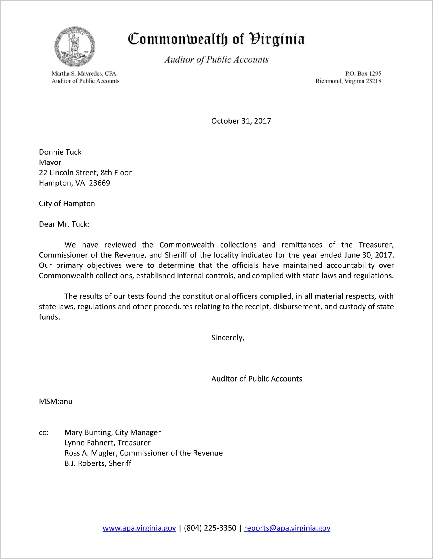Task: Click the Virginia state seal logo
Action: tap(75, 47)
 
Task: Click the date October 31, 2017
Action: tap(241, 121)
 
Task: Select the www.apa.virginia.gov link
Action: tap(139, 528)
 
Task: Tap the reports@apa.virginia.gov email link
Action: tap(287, 528)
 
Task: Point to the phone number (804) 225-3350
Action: tap(210, 528)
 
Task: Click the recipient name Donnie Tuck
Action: tap(60, 152)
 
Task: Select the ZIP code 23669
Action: tap(99, 183)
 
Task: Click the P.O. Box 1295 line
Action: tap(363, 74)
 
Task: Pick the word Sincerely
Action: tap(228, 338)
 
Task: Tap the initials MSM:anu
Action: tap(56, 402)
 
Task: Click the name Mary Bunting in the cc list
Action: tap(88, 432)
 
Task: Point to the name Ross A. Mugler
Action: tap(90, 453)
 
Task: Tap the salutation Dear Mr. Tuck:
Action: tap(64, 224)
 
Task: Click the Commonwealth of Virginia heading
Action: tap(216, 39)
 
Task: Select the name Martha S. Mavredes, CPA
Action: tap(84, 74)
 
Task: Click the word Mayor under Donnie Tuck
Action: tap(50, 162)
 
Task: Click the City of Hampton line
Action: tap(67, 204)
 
